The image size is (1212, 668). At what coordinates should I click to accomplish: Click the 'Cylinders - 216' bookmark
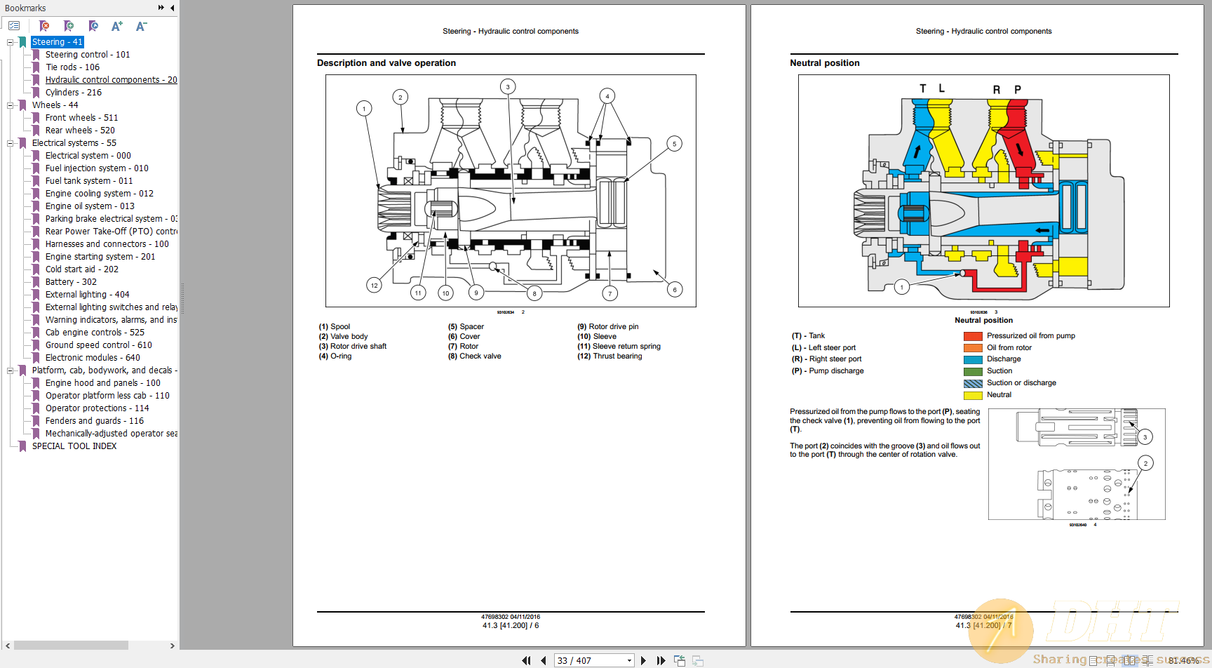coord(73,93)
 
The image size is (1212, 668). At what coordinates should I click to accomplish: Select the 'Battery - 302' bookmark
coord(71,282)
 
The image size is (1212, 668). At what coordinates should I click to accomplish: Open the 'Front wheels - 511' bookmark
coord(81,118)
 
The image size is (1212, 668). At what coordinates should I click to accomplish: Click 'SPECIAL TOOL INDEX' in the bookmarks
coord(74,446)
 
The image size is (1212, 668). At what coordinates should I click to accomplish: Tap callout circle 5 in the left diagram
coord(674,144)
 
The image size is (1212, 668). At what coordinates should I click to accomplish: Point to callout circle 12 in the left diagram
coord(374,285)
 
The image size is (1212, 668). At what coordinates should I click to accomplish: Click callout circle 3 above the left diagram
coord(508,87)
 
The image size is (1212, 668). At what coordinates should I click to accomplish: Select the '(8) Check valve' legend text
coord(475,356)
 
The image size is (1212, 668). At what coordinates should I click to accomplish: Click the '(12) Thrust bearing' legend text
coord(610,356)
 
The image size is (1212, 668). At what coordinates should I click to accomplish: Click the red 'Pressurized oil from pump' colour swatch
coord(973,336)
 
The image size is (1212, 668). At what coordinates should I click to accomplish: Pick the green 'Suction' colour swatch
coord(973,371)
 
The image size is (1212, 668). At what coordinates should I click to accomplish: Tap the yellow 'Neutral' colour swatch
coord(973,395)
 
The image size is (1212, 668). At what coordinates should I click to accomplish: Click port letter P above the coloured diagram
coord(1018,89)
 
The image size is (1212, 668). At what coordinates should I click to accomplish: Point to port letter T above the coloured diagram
coord(923,88)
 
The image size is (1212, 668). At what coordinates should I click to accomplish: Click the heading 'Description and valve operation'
coord(386,63)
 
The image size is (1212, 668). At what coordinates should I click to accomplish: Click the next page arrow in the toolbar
coord(643,660)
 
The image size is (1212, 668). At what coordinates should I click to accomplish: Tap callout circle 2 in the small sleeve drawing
coord(1145,463)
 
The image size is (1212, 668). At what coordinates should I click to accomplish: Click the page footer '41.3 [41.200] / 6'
coord(511,626)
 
